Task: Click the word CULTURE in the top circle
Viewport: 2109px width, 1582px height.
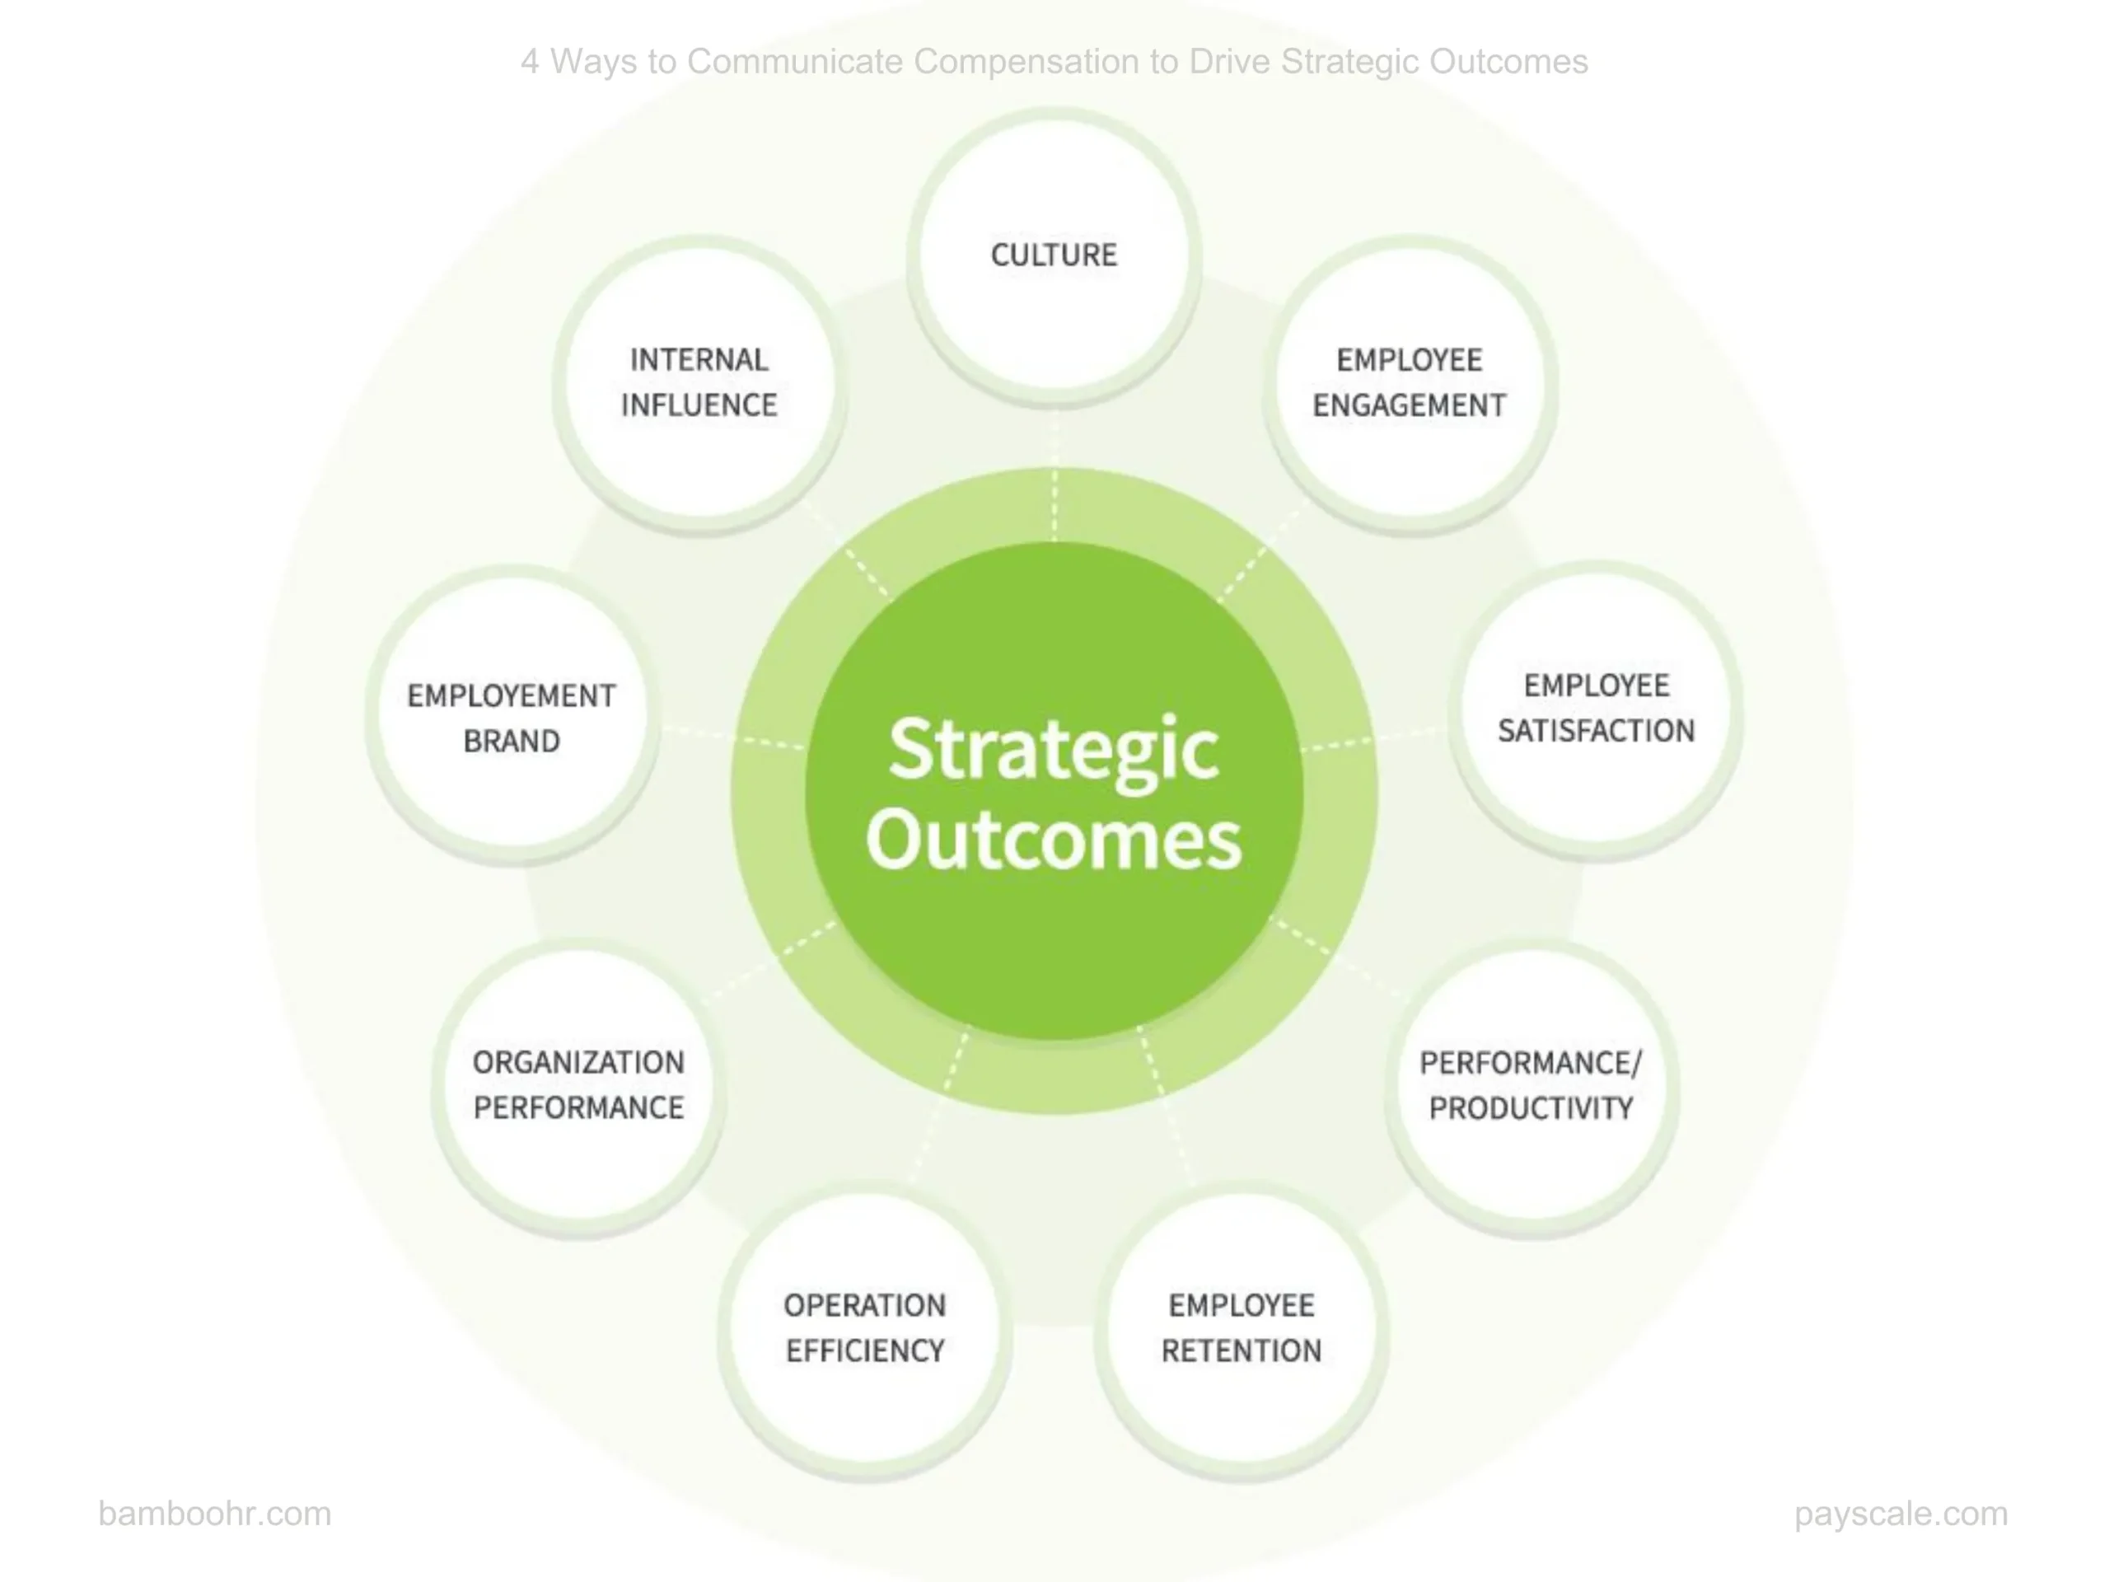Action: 1054,255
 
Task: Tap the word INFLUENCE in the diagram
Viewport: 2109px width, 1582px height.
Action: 699,405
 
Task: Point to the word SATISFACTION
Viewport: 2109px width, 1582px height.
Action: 1596,731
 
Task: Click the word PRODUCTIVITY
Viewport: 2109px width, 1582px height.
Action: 1531,1108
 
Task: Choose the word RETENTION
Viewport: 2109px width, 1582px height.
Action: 1242,1350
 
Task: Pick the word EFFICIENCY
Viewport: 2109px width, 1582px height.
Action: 865,1350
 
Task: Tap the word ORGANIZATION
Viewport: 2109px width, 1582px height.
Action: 578,1062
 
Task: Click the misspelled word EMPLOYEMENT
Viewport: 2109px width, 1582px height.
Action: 511,696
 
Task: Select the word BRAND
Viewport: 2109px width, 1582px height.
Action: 511,741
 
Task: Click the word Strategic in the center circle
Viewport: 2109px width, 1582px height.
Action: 1054,751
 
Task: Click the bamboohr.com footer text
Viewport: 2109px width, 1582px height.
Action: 214,1514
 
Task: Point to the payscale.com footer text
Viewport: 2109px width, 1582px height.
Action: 1901,1514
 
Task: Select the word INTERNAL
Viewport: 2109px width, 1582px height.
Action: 699,359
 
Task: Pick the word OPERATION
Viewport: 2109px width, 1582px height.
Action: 865,1304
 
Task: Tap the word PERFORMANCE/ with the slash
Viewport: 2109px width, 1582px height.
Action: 1531,1062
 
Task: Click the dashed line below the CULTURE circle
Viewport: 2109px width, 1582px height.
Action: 1054,477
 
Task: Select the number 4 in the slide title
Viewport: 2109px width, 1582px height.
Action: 530,61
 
